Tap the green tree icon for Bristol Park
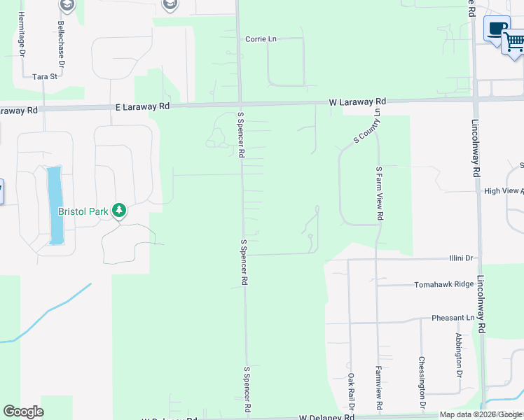click(x=119, y=210)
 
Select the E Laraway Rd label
click(x=142, y=107)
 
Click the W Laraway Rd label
click(x=357, y=102)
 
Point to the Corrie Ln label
click(x=261, y=39)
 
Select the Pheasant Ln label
click(x=453, y=318)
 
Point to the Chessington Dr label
click(x=422, y=382)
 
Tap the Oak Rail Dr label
click(x=350, y=391)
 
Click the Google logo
click(x=24, y=412)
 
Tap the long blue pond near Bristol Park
click(x=55, y=205)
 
